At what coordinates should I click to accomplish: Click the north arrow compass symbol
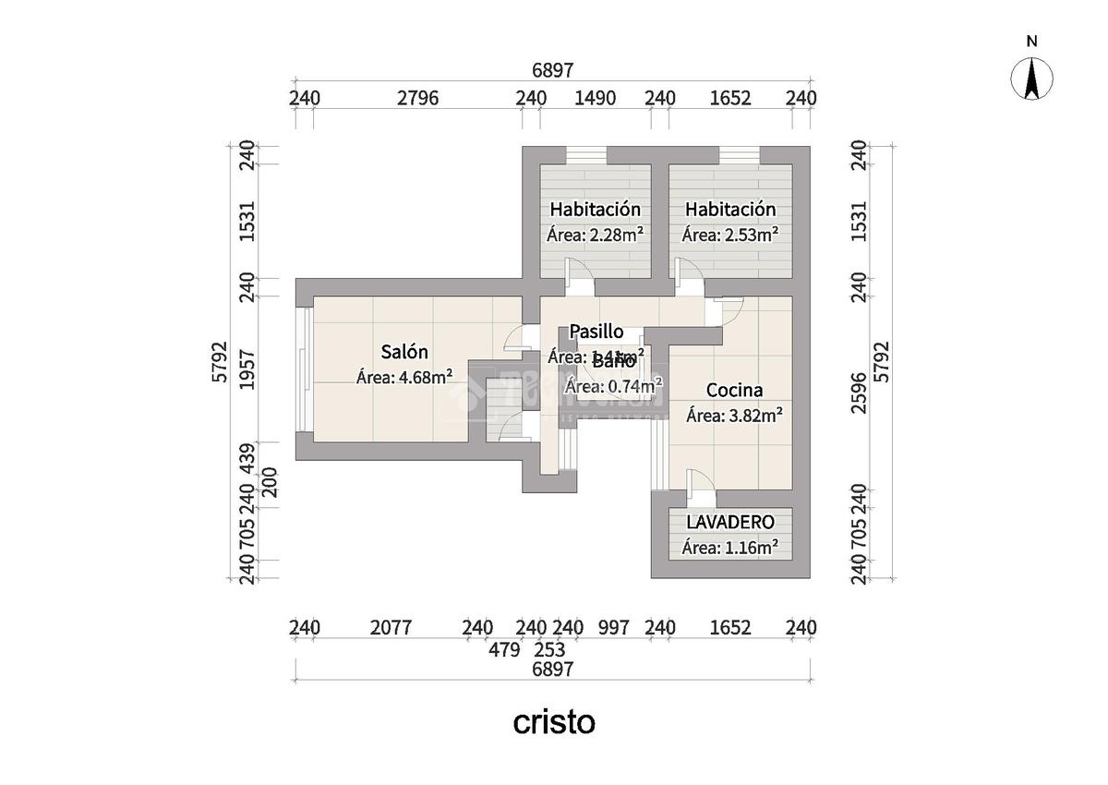tap(1032, 78)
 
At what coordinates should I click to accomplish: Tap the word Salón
tap(404, 352)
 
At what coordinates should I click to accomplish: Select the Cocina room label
tap(734, 391)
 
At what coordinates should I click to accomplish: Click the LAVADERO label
tap(729, 523)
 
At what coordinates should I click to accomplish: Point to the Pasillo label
tap(596, 332)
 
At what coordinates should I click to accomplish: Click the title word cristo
tap(554, 722)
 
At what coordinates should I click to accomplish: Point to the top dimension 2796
tap(417, 98)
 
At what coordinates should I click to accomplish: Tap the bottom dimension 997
tap(613, 628)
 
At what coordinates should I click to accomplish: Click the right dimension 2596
tap(860, 392)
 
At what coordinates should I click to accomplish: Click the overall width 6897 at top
tap(553, 70)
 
